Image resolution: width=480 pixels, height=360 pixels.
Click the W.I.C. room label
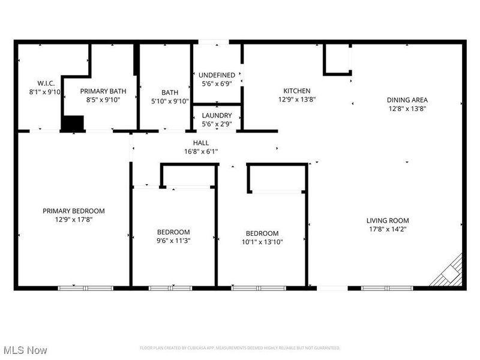[37, 83]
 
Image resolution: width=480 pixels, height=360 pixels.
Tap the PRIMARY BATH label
[103, 91]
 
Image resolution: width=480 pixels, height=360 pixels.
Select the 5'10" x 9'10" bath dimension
[169, 101]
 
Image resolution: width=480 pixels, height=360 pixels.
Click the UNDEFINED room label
[217, 75]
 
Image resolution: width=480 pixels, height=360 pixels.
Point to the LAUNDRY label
[217, 115]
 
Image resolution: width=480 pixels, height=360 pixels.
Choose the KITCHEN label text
[297, 91]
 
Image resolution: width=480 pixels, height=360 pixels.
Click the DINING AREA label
[407, 100]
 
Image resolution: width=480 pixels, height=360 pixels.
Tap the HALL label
[201, 143]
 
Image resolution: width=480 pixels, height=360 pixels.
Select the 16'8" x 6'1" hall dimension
[201, 151]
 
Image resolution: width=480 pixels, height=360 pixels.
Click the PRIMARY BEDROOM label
[73, 211]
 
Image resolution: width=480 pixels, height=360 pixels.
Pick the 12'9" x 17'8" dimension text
[73, 220]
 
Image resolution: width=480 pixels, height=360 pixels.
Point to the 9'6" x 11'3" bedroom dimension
[173, 241]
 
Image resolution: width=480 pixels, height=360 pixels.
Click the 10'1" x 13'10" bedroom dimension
[262, 242]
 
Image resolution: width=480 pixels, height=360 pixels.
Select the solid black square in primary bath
[73, 123]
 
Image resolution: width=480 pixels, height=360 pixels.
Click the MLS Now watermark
[25, 350]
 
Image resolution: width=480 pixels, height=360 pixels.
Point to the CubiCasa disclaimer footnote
[240, 348]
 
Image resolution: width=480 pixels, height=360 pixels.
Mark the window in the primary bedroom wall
[85, 288]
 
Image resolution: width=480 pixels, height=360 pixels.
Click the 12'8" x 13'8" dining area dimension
[407, 109]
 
